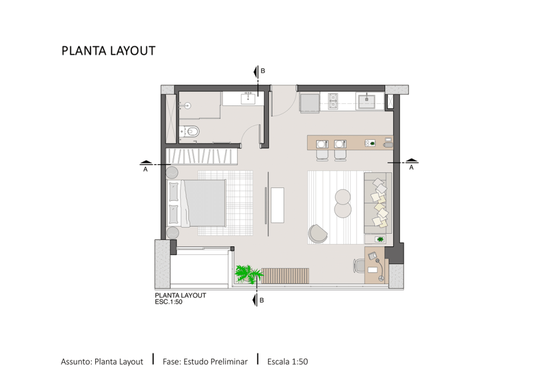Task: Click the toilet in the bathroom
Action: (x=189, y=132)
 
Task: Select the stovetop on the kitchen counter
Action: (x=333, y=101)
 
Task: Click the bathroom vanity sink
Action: (x=248, y=98)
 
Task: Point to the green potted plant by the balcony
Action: (x=249, y=274)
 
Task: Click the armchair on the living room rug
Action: (x=318, y=234)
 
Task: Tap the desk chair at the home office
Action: (x=359, y=266)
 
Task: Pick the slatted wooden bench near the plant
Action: (x=285, y=276)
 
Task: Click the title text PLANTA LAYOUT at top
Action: (x=108, y=51)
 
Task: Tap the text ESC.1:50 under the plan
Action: (x=169, y=302)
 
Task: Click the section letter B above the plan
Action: (x=263, y=71)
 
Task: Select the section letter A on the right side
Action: (x=411, y=168)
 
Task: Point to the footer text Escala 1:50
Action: (x=288, y=362)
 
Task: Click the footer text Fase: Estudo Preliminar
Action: (x=205, y=362)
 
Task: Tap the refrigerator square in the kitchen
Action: (x=310, y=103)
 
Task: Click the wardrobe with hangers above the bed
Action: (x=201, y=156)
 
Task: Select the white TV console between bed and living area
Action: (x=278, y=205)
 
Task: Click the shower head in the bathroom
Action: (x=188, y=105)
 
